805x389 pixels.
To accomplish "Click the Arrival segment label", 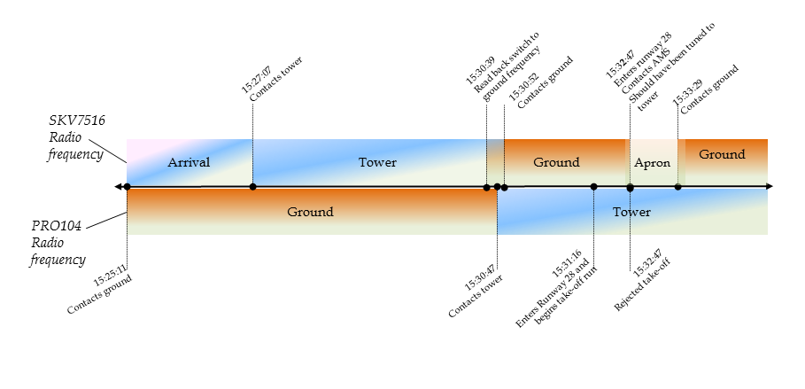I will pyautogui.click(x=189, y=163).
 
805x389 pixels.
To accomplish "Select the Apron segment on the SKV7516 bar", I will pyautogui.click(x=653, y=163).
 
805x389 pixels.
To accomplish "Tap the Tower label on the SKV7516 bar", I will pyautogui.click(x=377, y=163).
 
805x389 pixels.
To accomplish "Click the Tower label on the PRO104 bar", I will pyautogui.click(x=632, y=213).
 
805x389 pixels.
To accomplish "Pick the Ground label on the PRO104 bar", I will pyautogui.click(x=310, y=213).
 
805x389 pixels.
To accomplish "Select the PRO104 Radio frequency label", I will pyautogui.click(x=58, y=242).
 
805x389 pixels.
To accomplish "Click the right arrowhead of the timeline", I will pyautogui.click(x=770, y=187).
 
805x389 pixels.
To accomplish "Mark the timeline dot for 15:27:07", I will pyautogui.click(x=253, y=187).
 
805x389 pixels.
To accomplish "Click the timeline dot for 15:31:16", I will pyautogui.click(x=593, y=187).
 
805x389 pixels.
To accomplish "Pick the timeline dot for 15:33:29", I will pyautogui.click(x=678, y=187).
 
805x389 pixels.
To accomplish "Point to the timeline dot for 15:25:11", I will pyautogui.click(x=128, y=187).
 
